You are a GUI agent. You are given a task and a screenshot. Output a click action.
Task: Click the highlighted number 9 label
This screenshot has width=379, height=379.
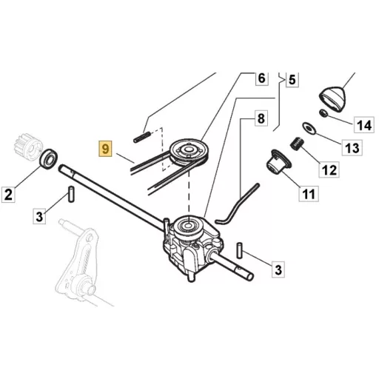click(x=105, y=149)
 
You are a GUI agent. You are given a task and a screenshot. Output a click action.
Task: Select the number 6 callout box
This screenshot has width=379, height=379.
click(x=261, y=78)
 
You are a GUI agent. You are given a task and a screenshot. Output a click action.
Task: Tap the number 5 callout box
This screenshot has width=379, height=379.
click(x=292, y=80)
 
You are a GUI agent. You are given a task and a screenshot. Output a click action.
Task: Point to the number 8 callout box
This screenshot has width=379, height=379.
click(x=261, y=118)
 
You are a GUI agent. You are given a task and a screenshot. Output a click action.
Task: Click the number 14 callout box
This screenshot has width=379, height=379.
click(x=364, y=125)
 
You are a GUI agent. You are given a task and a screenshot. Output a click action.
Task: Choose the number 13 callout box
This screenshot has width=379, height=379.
click(x=352, y=148)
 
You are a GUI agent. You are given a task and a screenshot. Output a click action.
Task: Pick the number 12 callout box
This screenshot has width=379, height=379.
click(x=329, y=170)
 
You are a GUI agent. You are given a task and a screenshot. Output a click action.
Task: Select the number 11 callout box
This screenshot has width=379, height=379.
click(x=309, y=194)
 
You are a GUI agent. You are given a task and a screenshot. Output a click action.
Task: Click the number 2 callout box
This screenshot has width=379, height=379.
click(x=8, y=195)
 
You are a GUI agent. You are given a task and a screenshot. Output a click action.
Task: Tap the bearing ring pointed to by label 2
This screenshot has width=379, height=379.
click(x=49, y=159)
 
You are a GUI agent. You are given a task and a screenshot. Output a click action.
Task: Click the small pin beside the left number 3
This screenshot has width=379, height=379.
click(x=71, y=194)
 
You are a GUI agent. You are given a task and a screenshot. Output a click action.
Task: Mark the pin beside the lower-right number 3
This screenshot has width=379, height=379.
click(x=239, y=251)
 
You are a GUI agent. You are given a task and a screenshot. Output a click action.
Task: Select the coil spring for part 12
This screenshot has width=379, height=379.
click(x=297, y=144)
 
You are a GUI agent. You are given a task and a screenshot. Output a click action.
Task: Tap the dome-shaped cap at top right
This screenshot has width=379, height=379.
click(x=333, y=98)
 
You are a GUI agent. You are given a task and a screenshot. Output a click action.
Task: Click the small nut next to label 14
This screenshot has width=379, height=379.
click(x=323, y=113)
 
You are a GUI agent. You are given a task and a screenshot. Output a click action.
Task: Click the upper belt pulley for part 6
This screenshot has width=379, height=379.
click(x=189, y=152)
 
